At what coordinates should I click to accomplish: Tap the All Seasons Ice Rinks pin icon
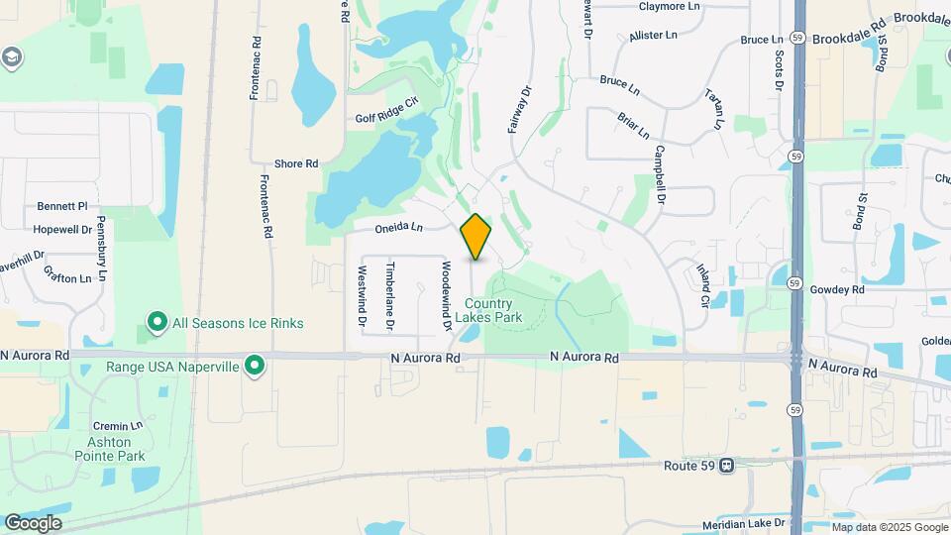[x=157, y=323]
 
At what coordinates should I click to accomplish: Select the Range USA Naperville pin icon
[x=255, y=367]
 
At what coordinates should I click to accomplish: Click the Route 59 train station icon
[x=727, y=465]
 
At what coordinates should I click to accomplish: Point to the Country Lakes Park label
[x=487, y=311]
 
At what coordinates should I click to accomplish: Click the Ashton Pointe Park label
[x=109, y=449]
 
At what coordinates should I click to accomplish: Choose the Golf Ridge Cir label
[x=387, y=118]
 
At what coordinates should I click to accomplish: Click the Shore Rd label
[x=295, y=163]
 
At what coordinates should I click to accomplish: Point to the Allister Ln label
[x=653, y=36]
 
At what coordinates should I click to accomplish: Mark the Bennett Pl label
[x=62, y=206]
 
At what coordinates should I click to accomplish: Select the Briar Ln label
[x=633, y=126]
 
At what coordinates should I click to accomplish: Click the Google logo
[x=33, y=522]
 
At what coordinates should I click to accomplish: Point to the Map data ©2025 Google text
[x=890, y=527]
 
